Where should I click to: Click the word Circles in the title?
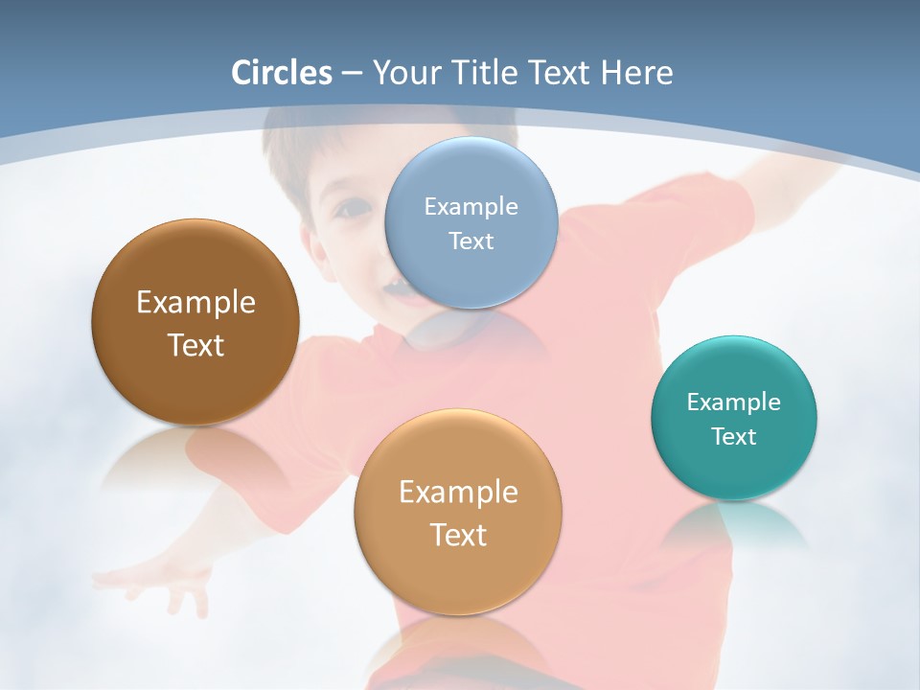tap(282, 73)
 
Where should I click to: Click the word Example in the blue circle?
tap(471, 206)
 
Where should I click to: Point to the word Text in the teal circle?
tap(734, 437)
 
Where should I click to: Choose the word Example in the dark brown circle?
tap(195, 303)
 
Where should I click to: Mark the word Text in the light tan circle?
tap(458, 535)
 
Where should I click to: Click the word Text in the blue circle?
tap(471, 241)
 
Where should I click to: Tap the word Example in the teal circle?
tap(734, 402)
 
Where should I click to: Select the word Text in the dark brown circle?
tap(195, 345)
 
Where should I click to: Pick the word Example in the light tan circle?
tap(458, 493)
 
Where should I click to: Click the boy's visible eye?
tap(356, 205)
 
